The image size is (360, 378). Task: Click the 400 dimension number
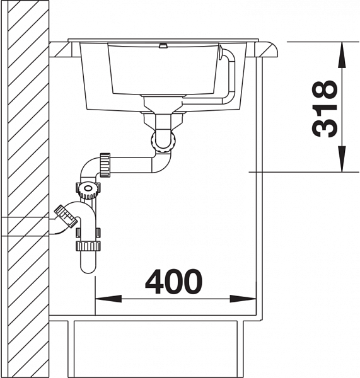coord(173,282)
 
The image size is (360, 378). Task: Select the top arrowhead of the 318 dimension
coord(342,55)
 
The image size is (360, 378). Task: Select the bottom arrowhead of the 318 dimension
coord(342,159)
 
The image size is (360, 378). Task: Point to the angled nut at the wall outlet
coord(66,215)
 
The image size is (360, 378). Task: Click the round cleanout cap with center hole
coord(88,188)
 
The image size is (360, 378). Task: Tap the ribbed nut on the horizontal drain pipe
coord(105,165)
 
